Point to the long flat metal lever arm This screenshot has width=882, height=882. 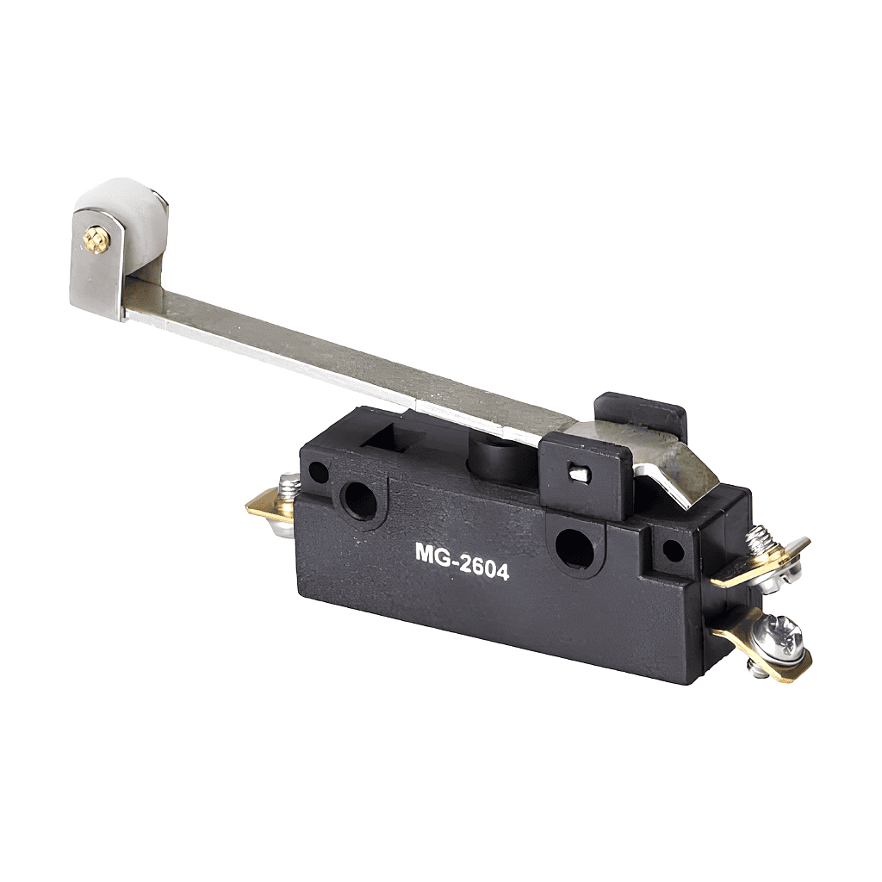tap(349, 360)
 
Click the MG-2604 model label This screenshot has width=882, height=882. tap(463, 560)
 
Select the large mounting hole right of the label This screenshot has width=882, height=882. tap(573, 547)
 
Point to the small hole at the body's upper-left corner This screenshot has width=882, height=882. tap(319, 472)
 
